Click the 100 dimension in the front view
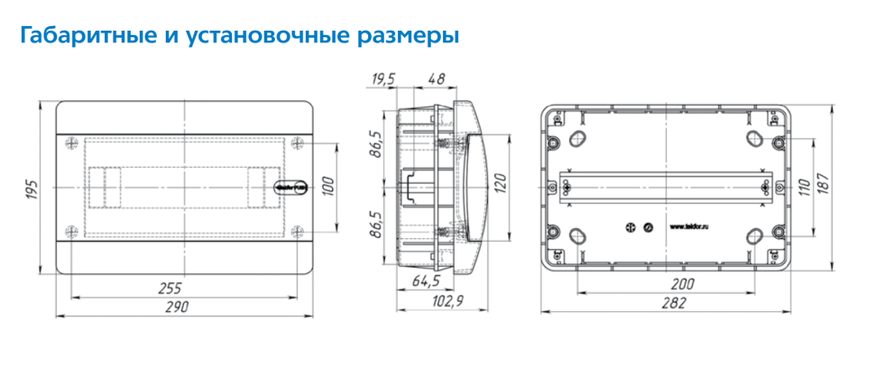329,188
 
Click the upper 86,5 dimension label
376,144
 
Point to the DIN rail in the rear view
666,186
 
